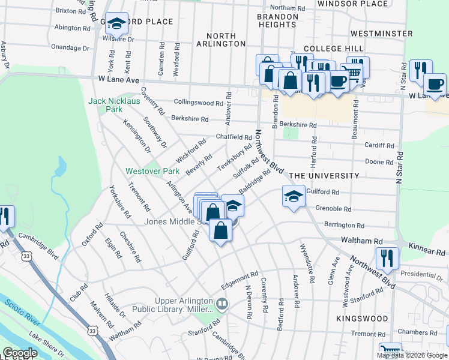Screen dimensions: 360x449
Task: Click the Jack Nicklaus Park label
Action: [114, 105]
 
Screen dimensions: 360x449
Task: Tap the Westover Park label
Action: [144, 171]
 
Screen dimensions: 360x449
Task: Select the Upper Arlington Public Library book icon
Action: [223, 304]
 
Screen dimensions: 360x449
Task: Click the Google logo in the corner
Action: [20, 353]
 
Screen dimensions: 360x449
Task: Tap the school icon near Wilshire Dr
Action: [116, 24]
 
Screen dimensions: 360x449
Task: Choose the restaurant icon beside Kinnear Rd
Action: [387, 259]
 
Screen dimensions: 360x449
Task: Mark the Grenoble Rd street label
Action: [333, 209]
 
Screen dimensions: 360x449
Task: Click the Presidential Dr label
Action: [427, 274]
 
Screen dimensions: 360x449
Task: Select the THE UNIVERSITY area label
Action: [324, 176]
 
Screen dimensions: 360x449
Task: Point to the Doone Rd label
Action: [379, 162]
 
